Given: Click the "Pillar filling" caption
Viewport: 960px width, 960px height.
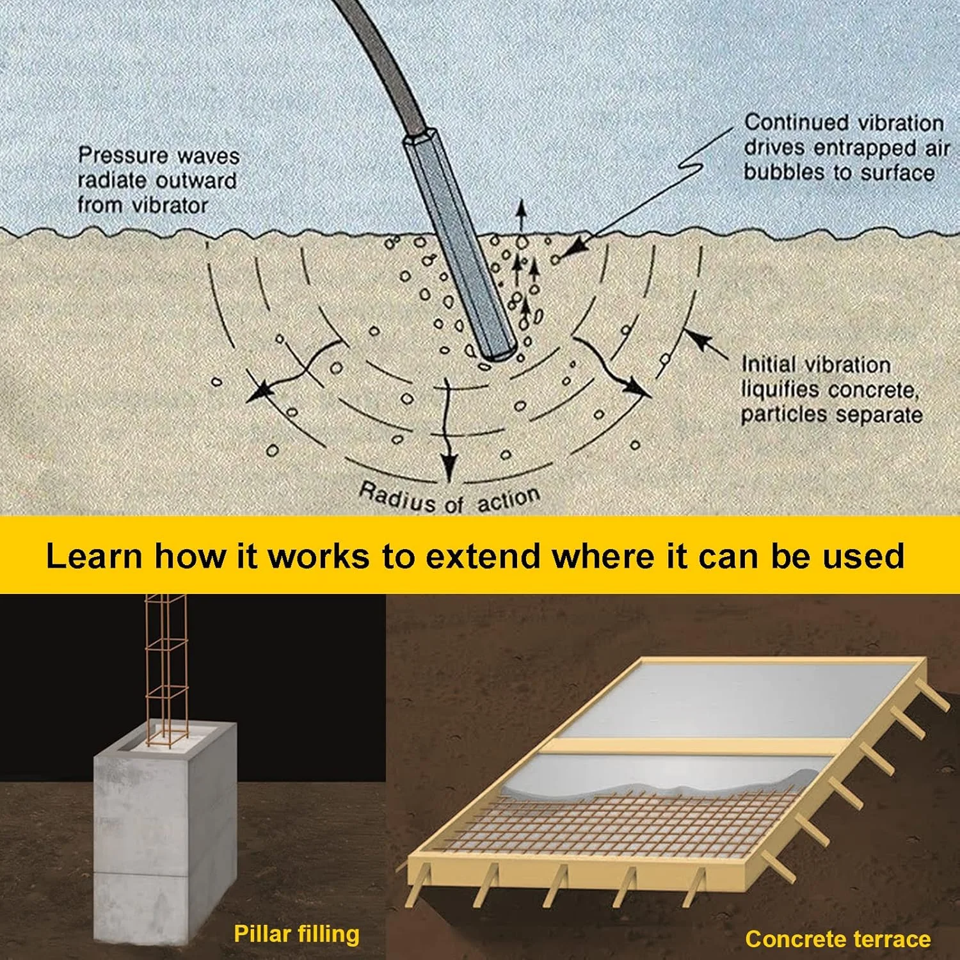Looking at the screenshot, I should [296, 934].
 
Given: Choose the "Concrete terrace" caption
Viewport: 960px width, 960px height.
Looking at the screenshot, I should [838, 938].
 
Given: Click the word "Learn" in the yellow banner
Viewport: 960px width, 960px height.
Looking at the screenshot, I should [93, 556].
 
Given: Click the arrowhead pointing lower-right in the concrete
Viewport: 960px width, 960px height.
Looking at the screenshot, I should [637, 388].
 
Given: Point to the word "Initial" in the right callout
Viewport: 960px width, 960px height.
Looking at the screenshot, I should [768, 365].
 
